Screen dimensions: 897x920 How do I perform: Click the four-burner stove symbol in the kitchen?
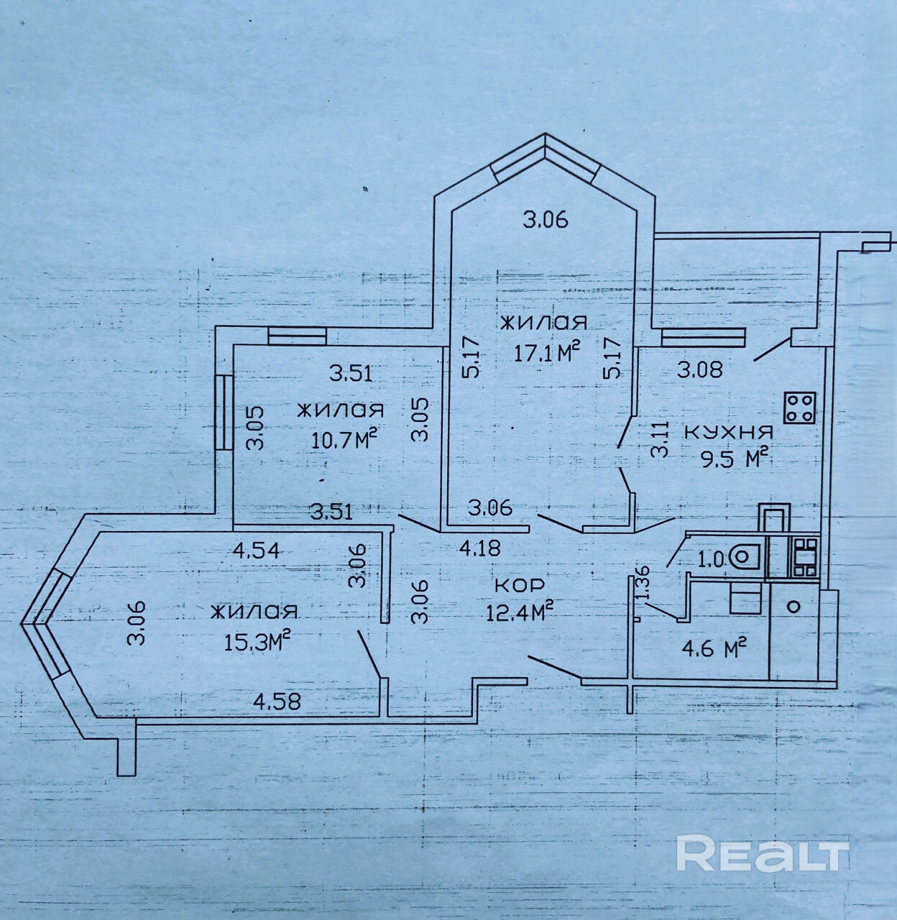(x=799, y=408)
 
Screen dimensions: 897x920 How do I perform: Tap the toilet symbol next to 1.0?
(x=745, y=557)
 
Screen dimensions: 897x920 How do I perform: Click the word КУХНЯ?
(x=729, y=432)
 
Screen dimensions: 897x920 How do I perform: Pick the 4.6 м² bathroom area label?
(x=714, y=648)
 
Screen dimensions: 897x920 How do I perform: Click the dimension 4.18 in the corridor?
(x=480, y=548)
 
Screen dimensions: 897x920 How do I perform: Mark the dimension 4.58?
(x=277, y=701)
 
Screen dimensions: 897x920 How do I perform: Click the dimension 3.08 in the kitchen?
(x=700, y=369)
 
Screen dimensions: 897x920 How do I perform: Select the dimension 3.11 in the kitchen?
(x=660, y=439)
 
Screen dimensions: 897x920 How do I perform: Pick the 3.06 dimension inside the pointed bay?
(x=546, y=221)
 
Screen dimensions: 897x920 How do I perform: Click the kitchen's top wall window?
(x=703, y=338)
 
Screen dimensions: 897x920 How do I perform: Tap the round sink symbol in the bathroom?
(x=794, y=606)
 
